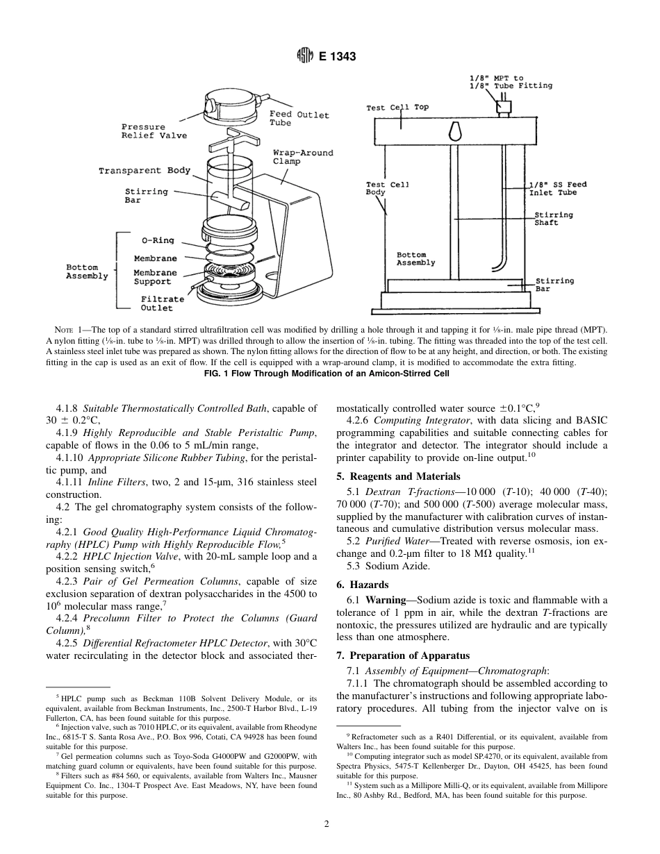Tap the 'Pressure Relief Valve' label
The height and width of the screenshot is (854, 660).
click(154, 131)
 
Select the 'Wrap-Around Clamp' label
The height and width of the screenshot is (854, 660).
click(302, 156)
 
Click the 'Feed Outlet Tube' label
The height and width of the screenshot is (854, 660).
click(299, 118)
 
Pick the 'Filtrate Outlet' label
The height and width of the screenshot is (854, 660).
click(163, 303)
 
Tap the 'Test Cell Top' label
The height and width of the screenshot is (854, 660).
click(397, 108)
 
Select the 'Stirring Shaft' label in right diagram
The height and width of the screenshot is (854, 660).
click(553, 219)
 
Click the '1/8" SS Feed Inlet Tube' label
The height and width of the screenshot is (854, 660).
click(558, 188)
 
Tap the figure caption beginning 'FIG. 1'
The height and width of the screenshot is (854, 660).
click(330, 374)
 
